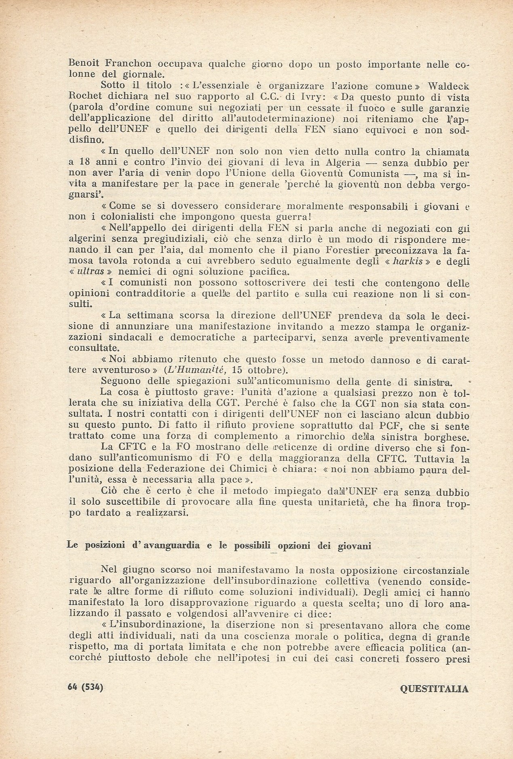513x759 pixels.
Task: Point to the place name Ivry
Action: pyautogui.click(x=308, y=97)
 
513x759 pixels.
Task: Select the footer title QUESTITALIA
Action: pyautogui.click(x=434, y=688)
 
